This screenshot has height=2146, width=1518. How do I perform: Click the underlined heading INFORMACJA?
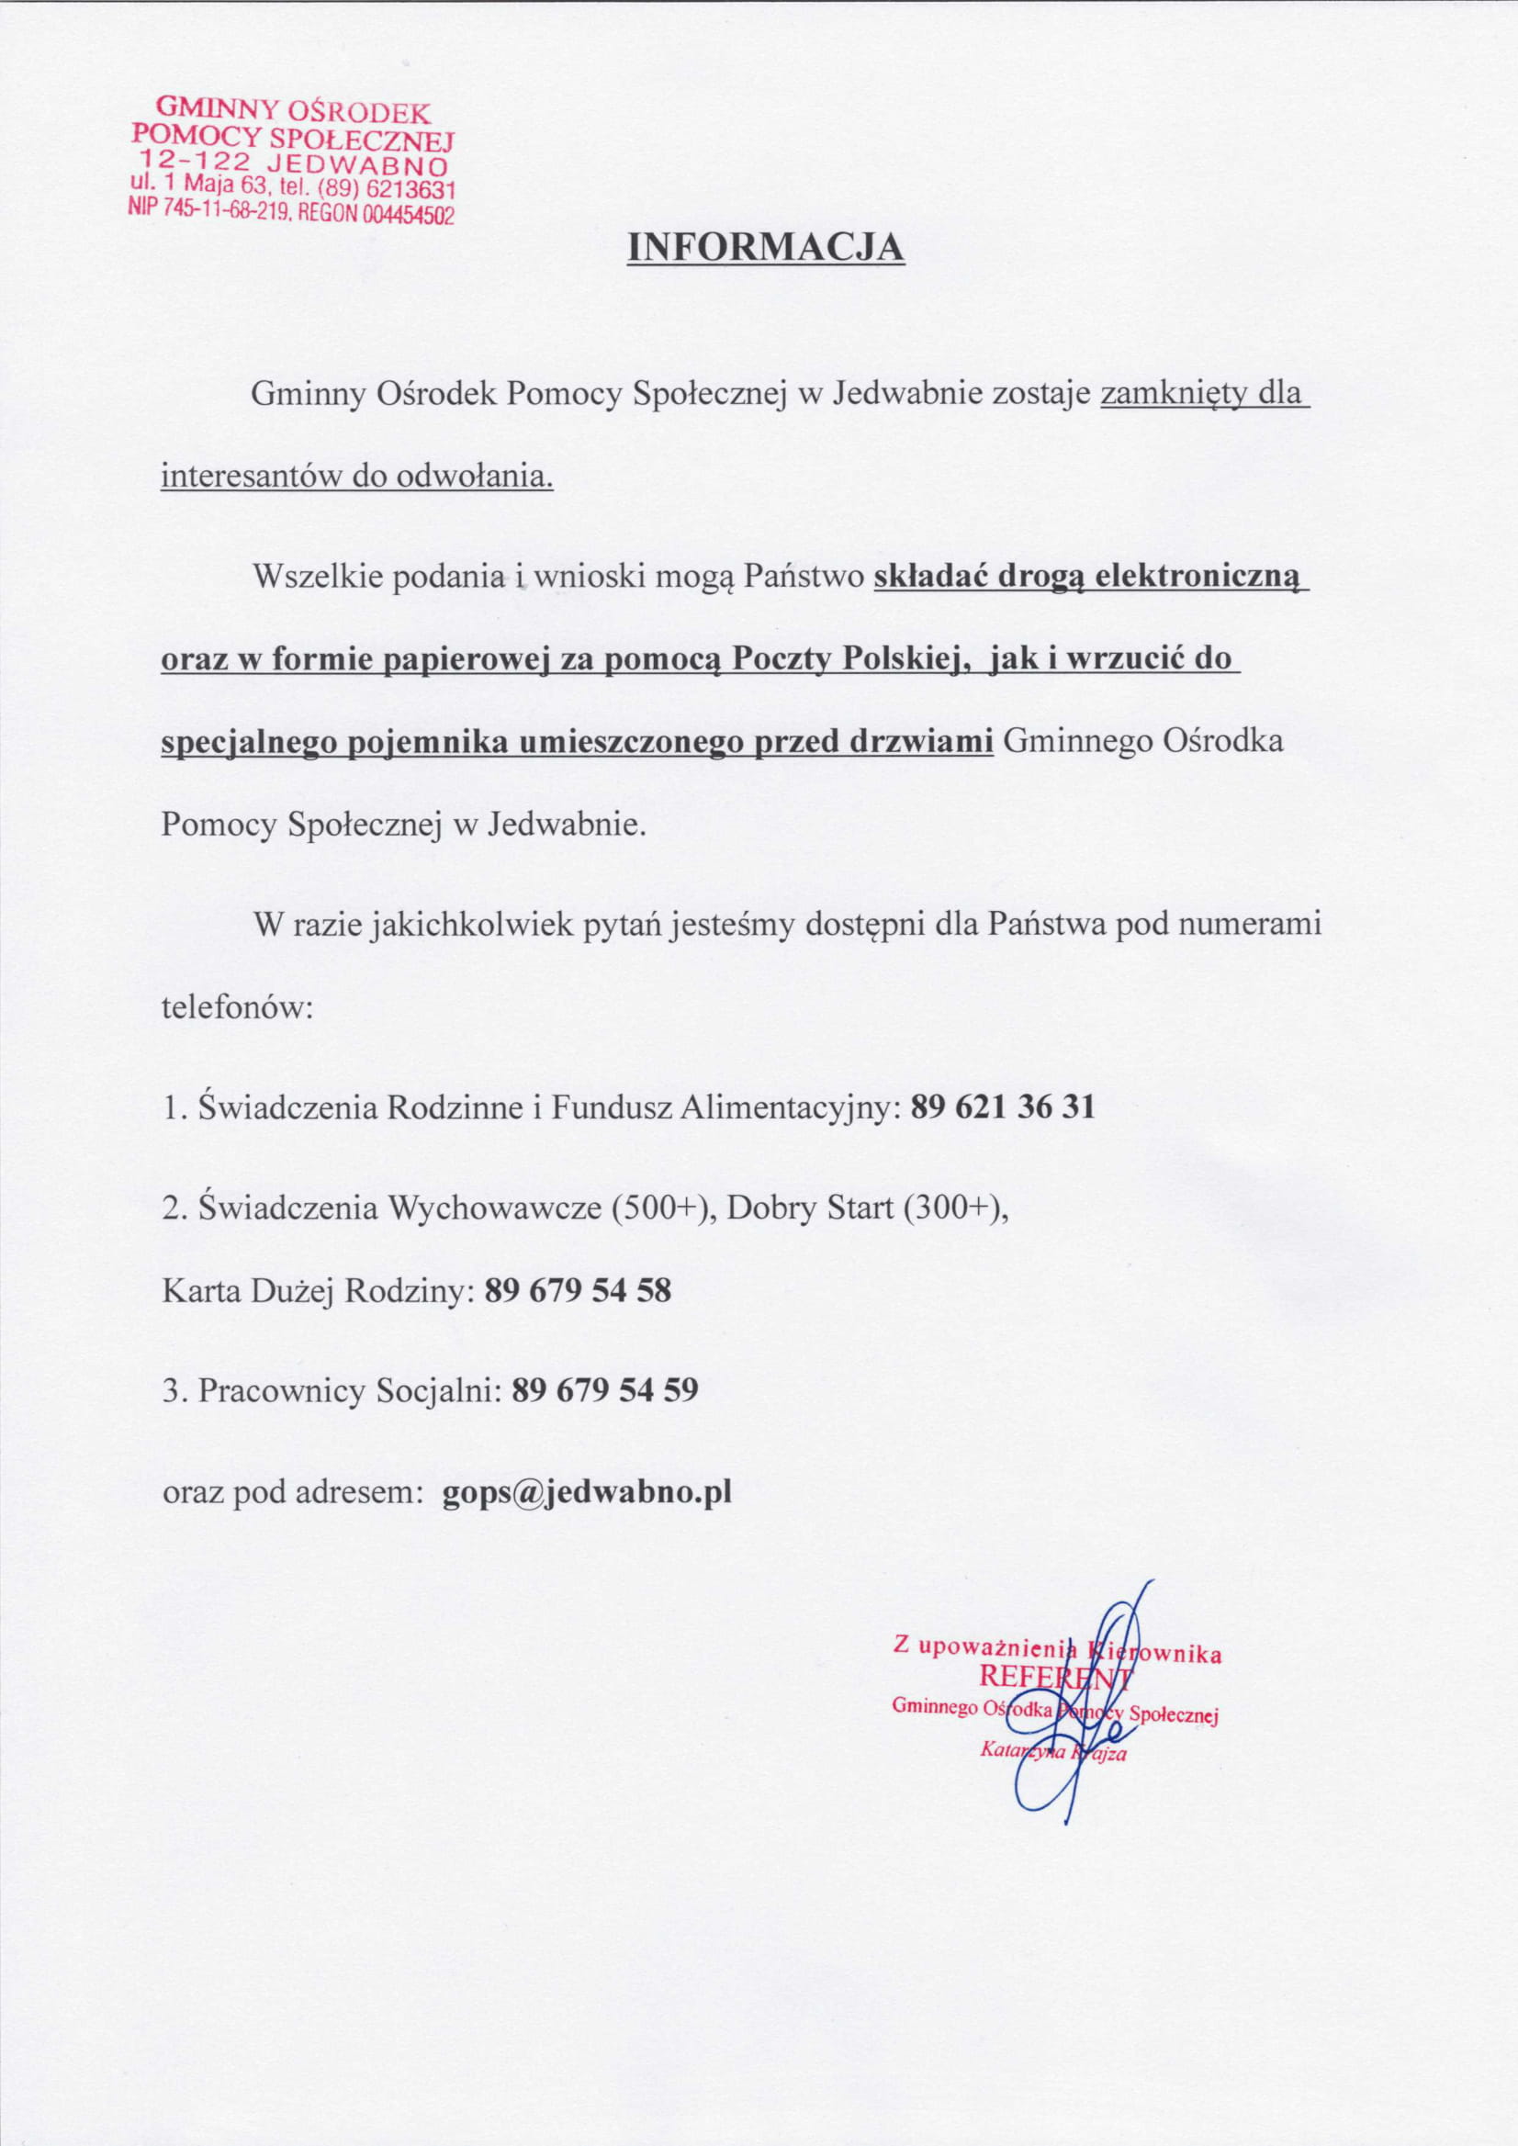click(x=765, y=247)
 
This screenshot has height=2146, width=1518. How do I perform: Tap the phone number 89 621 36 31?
click(x=1001, y=1107)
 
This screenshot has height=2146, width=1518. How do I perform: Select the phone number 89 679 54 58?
click(x=578, y=1291)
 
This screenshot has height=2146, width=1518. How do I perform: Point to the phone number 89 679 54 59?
click(x=605, y=1391)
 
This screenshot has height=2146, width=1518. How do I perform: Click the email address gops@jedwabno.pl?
click(x=586, y=1490)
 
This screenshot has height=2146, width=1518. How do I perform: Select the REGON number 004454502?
click(x=408, y=216)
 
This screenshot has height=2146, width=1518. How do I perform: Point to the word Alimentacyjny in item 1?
click(x=790, y=1108)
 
